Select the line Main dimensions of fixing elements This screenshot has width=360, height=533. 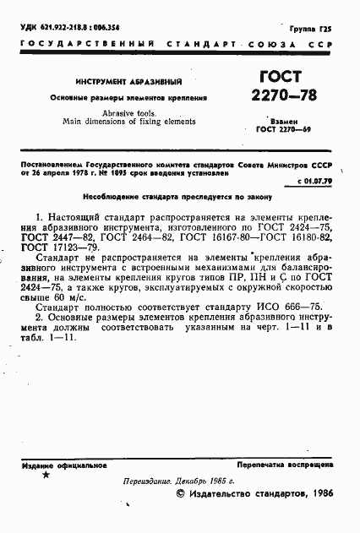pyautogui.click(x=129, y=122)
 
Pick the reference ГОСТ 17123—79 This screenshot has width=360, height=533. pyautogui.click(x=54, y=247)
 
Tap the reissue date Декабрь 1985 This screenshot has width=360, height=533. pyautogui.click(x=195, y=480)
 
